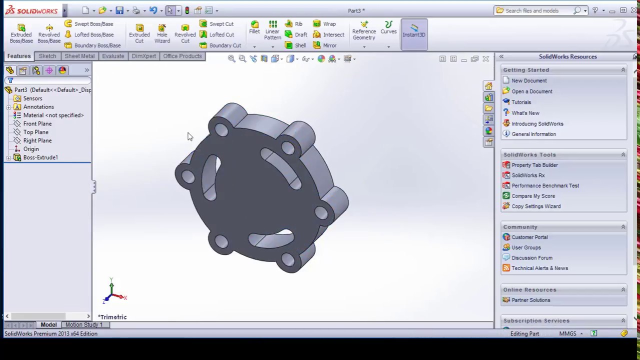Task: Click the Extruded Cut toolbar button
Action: [x=139, y=33]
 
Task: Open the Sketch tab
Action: [x=47, y=56]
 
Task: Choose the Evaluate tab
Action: [x=113, y=56]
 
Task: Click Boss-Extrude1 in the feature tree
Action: [x=40, y=157]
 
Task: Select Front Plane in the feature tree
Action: [x=37, y=123]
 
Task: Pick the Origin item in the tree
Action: [x=30, y=149]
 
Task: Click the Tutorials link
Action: [x=521, y=102]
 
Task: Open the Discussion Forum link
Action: [x=531, y=258]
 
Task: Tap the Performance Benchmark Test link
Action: [x=545, y=185]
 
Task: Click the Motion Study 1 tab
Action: [x=83, y=325]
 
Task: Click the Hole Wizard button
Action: [x=162, y=33]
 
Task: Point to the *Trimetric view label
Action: [x=112, y=317]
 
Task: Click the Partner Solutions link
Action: [x=530, y=300]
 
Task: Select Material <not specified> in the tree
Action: [x=53, y=115]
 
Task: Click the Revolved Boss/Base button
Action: [x=49, y=33]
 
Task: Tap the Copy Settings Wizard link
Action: [x=535, y=206]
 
